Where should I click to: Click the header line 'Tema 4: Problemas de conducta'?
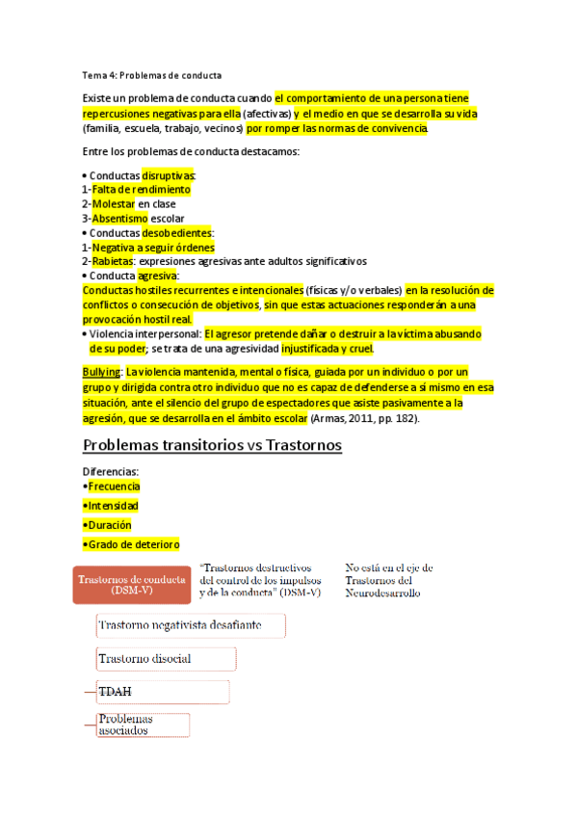(152, 75)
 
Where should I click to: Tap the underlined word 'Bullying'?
(101, 371)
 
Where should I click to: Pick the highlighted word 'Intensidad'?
(114, 506)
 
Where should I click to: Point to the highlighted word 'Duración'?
(110, 525)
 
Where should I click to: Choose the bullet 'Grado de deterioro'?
(133, 544)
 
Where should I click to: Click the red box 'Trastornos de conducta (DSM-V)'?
(130, 584)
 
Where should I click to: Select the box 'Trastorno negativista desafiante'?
(192, 626)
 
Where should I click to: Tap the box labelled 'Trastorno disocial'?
(166, 659)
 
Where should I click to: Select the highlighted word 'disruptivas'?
(170, 176)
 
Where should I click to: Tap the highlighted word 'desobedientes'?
(177, 233)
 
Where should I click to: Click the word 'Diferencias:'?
(112, 471)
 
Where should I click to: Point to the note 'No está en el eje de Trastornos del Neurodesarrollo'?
(389, 580)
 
